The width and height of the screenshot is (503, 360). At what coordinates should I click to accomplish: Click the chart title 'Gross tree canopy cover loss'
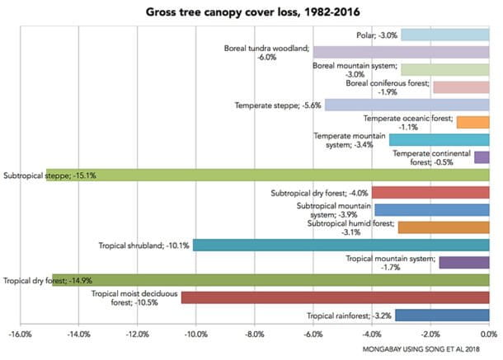click(x=251, y=12)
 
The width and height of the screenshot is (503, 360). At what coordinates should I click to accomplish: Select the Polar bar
click(x=445, y=35)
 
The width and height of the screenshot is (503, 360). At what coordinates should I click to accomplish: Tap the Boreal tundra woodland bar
click(x=401, y=52)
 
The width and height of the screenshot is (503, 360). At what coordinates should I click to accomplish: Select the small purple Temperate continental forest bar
click(x=482, y=157)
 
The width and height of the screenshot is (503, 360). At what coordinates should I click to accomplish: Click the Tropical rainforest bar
click(x=442, y=315)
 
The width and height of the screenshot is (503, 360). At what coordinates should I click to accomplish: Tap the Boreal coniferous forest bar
click(x=461, y=86)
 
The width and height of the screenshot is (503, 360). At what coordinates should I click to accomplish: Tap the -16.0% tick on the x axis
click(x=20, y=335)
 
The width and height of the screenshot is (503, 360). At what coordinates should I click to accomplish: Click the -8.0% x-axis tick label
click(x=254, y=335)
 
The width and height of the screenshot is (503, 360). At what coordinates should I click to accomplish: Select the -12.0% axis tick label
click(x=137, y=335)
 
